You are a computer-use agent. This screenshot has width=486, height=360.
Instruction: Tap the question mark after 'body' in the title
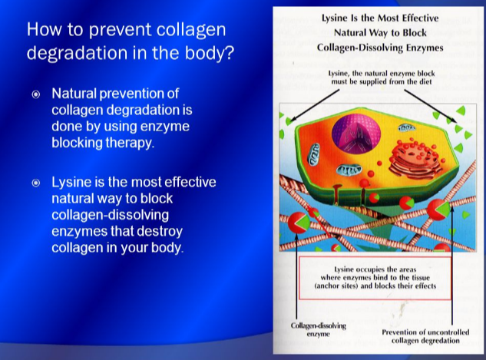coord(229,52)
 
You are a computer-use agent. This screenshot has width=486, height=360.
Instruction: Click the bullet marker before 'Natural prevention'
coord(36,94)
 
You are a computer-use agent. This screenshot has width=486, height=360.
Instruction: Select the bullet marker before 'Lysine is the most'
coord(36,183)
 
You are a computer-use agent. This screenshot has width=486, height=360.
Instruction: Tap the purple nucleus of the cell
coord(356,134)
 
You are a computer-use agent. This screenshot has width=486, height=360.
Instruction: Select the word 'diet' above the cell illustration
coord(425,82)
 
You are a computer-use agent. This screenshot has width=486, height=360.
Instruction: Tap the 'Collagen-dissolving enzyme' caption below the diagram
coord(319,329)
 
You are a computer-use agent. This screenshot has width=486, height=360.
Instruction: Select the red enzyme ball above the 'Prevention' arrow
coord(438,209)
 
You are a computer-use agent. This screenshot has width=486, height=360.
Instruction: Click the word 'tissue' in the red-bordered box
coord(420,278)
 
